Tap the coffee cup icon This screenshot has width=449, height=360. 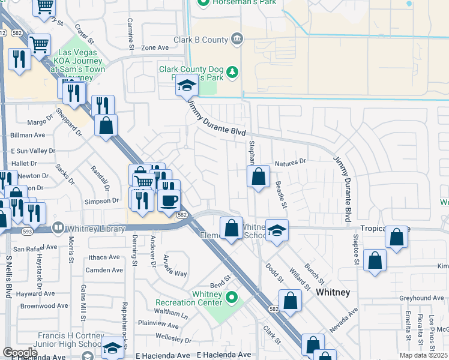coord(169,200)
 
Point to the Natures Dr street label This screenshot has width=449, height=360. coord(291,162)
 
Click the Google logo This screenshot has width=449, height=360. coord(20,352)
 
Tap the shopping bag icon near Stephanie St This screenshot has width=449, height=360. coord(258,177)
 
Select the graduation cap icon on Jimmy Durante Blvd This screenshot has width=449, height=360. coord(187,86)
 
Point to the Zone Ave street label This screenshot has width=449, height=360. coord(155,47)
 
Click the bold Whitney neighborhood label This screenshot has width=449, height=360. coord(333,292)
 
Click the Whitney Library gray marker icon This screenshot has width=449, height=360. coord(58,227)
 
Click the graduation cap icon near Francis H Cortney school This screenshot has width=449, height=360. coord(112,347)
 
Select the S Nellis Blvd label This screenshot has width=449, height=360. coord(9,276)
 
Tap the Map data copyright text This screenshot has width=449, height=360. coord(423,355)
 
